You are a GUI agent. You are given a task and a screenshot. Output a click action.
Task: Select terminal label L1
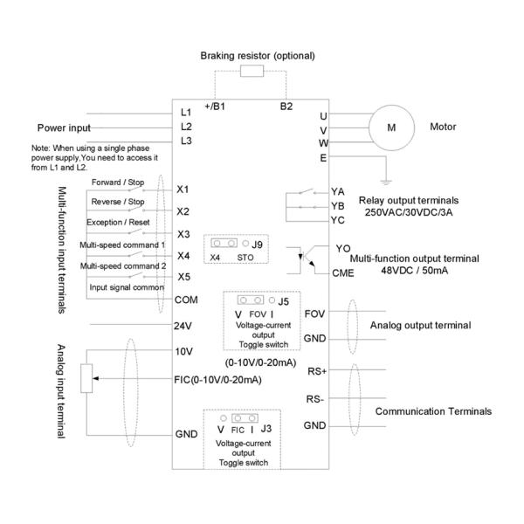click(x=185, y=112)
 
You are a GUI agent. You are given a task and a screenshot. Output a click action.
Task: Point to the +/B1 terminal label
click(x=215, y=107)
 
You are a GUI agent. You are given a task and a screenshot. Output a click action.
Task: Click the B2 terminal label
click(x=286, y=107)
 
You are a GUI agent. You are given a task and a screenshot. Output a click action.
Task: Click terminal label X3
click(x=183, y=234)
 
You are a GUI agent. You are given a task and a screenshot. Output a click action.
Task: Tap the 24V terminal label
click(x=183, y=325)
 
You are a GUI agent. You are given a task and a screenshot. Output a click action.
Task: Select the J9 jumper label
click(x=256, y=244)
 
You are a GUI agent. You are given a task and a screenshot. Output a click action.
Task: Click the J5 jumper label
click(x=284, y=302)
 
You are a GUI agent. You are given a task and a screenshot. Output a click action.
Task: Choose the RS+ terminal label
click(x=318, y=369)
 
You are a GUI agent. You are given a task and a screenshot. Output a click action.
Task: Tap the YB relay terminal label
click(x=337, y=206)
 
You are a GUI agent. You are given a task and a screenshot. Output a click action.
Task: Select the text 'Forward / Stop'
click(x=118, y=183)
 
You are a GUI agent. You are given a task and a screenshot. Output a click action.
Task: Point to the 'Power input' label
click(x=64, y=127)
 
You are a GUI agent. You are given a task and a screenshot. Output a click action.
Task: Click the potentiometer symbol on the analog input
click(x=86, y=379)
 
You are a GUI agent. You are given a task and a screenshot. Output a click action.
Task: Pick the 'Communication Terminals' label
click(x=433, y=410)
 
